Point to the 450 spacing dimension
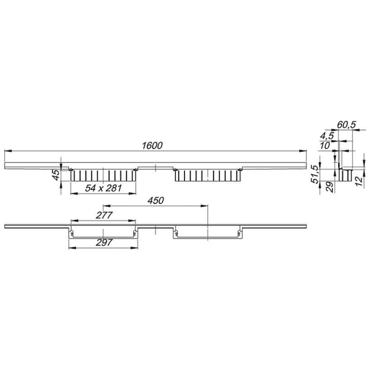pyautogui.click(x=156, y=200)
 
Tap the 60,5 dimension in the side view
pyautogui.click(x=347, y=125)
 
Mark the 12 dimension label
pyautogui.click(x=359, y=181)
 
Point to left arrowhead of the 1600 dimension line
pyautogui.click(x=7, y=152)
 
